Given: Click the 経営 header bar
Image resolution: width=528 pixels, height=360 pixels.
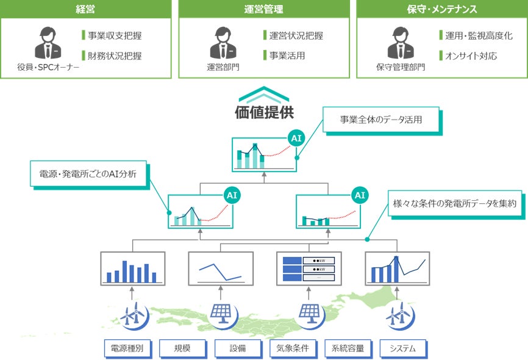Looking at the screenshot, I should pyautogui.click(x=85, y=9).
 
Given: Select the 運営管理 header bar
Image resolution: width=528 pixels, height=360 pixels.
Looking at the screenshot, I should pyautogui.click(x=263, y=9).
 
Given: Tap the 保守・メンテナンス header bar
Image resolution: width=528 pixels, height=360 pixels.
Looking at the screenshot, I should pyautogui.click(x=441, y=9).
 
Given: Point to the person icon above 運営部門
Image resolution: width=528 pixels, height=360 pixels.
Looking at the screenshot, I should pyautogui.click(x=222, y=44).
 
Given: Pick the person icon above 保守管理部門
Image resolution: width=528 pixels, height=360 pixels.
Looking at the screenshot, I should pyautogui.click(x=399, y=44).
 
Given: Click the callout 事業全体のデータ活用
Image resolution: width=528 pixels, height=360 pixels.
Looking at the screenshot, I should pyautogui.click(x=380, y=120).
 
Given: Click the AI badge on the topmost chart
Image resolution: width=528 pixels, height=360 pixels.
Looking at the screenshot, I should pyautogui.click(x=296, y=139).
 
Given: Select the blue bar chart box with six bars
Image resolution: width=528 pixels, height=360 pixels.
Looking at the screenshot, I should pyautogui.click(x=132, y=268).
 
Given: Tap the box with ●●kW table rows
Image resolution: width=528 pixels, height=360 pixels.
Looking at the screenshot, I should pyautogui.click(x=309, y=268).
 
